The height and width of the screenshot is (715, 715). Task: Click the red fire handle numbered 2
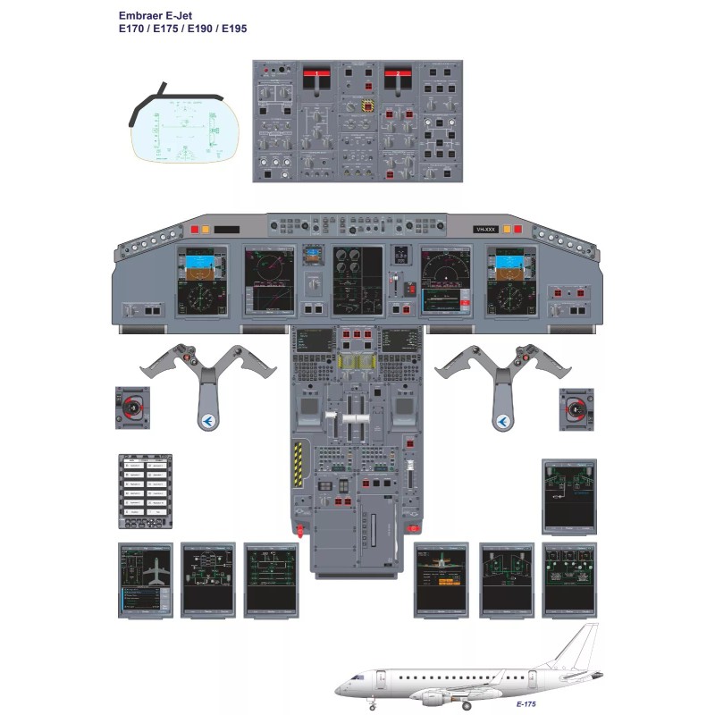click(397, 78)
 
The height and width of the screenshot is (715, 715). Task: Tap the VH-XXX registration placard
click(488, 231)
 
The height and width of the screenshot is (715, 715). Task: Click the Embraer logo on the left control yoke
click(207, 419)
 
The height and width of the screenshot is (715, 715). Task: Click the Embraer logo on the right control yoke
click(507, 419)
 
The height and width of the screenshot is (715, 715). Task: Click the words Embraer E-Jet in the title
click(153, 15)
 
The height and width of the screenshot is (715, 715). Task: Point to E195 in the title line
click(232, 29)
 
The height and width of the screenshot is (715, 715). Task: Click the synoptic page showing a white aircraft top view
click(145, 579)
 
